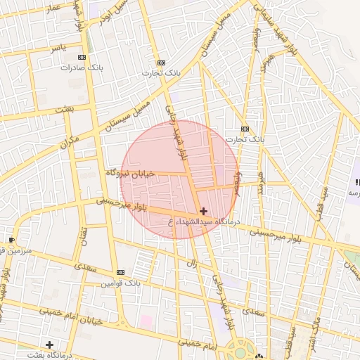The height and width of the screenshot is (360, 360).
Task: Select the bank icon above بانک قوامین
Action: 120,272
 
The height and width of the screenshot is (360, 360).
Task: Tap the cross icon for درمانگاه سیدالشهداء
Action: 204,211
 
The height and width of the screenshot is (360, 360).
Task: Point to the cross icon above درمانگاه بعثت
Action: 49,345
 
